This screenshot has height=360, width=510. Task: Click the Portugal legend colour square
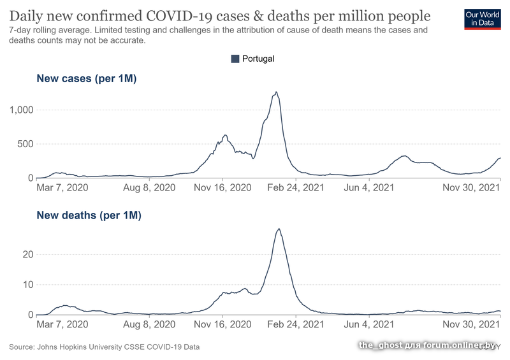coord(235,59)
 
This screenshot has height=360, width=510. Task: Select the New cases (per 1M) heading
coord(87,79)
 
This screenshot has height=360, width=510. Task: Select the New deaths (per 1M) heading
coord(89,215)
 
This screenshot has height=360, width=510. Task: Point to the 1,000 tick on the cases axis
coord(20,110)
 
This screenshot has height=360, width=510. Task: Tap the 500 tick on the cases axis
coord(24,144)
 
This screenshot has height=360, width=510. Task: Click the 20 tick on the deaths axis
coord(27,254)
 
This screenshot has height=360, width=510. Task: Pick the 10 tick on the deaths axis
coord(27,285)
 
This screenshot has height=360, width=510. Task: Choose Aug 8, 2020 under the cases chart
coord(149,188)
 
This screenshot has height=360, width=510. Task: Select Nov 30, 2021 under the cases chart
coord(470,188)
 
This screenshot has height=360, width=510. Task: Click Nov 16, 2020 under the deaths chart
coord(222,325)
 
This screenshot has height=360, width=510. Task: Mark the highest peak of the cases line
coord(276,92)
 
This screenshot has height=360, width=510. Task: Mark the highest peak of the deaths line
coord(279,229)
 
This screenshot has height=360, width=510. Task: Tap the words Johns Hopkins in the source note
coord(64,347)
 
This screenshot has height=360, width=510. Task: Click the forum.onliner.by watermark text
coord(459,345)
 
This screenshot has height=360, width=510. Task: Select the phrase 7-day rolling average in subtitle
coord(48,30)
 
